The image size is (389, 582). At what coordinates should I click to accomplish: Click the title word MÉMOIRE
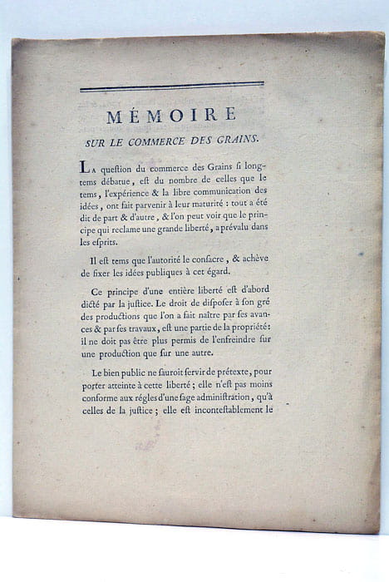(171, 116)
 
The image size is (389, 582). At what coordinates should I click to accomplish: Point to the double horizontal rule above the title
(171, 86)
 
